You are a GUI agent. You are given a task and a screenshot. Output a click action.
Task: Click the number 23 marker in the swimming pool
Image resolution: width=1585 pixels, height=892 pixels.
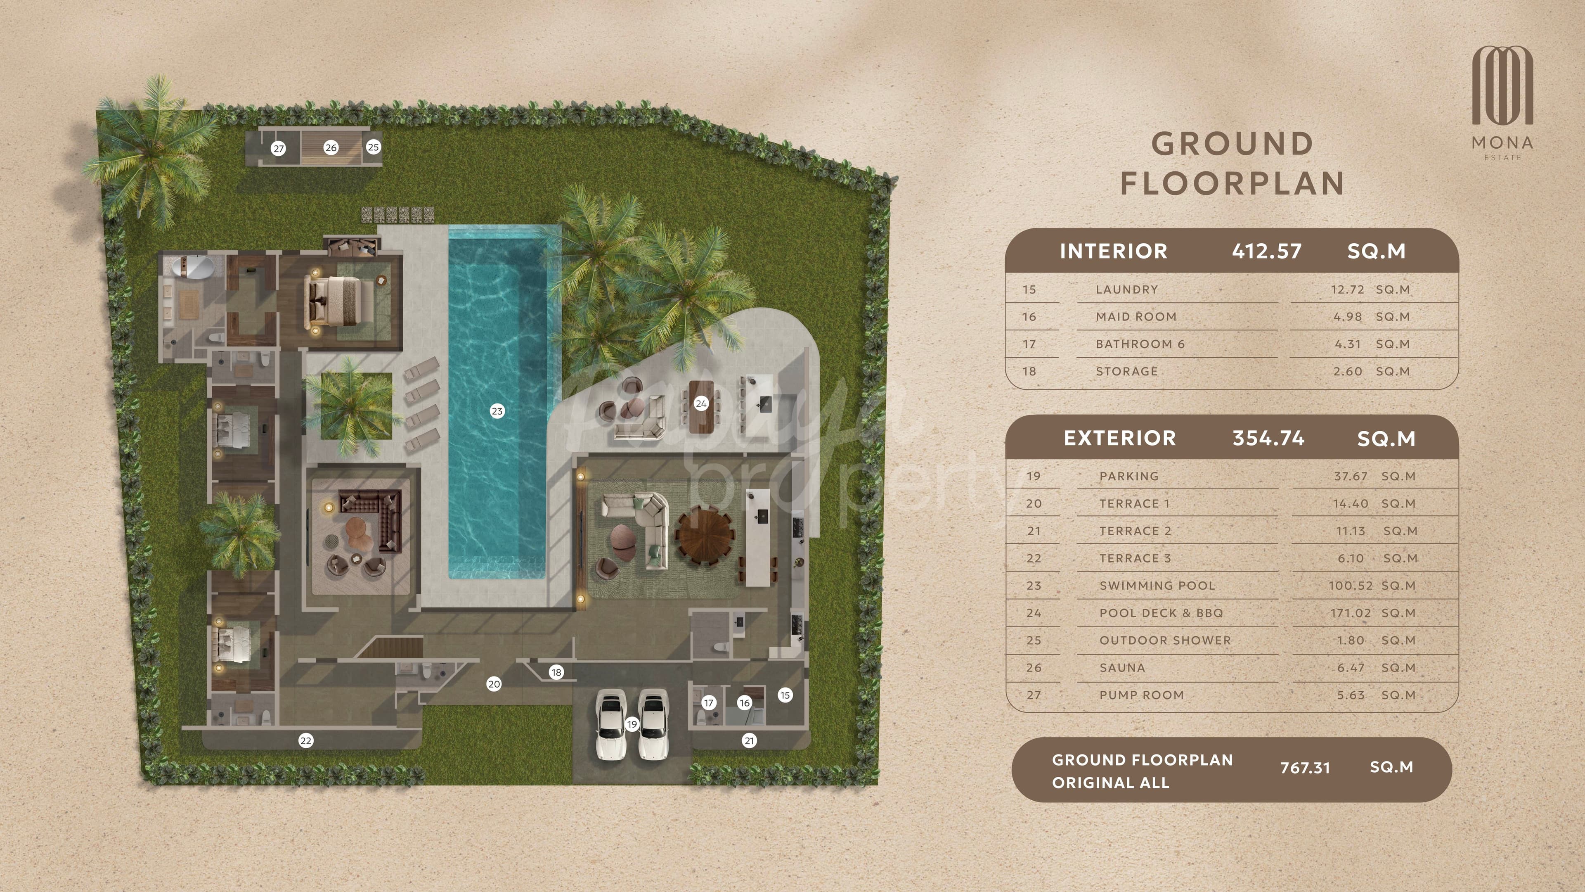point(497,411)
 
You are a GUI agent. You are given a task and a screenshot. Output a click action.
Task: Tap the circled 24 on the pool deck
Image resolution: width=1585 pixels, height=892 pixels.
point(701,404)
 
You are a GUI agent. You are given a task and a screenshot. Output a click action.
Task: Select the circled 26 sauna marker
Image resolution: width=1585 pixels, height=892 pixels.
point(331,148)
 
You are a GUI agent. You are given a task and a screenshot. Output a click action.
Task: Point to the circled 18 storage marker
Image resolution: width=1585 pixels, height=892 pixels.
point(556,672)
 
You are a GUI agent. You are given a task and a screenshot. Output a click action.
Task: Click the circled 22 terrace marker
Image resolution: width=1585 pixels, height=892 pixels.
point(306,740)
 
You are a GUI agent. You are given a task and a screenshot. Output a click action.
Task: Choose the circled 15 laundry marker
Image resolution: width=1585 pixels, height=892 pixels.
point(785,695)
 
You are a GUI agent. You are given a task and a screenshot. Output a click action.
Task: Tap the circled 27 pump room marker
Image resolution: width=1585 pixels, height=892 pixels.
point(279,148)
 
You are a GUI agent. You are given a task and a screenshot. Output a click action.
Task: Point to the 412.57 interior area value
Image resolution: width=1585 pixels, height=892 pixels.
point(1267,251)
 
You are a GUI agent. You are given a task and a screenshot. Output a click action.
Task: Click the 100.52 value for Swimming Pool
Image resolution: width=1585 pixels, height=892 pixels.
point(1350,586)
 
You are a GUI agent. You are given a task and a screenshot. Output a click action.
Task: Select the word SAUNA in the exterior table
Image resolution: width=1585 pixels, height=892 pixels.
point(1122,668)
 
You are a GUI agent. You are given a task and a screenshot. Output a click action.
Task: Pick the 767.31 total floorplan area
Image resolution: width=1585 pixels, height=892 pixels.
point(1305,768)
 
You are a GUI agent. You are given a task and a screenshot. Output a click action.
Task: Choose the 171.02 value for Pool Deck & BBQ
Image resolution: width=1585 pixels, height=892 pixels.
point(1350,613)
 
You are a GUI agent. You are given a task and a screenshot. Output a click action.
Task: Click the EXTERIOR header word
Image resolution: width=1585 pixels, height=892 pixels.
point(1120,438)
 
